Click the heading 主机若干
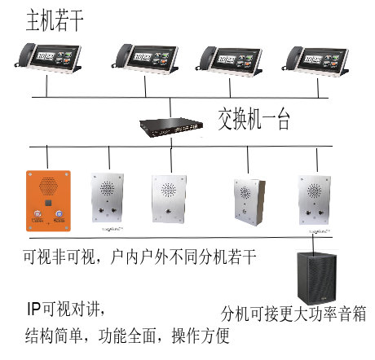point(55,20)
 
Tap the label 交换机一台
point(254,119)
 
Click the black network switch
point(171,127)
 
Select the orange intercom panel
point(48,201)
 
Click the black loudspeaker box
point(316,278)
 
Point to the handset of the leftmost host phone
point(25,55)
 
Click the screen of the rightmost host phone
point(322,59)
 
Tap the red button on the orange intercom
point(37,213)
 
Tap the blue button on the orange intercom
point(59,213)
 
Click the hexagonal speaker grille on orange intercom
point(48,187)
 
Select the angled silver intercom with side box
point(249,202)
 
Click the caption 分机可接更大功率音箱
point(293,314)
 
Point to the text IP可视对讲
point(65,309)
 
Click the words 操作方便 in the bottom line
point(201,336)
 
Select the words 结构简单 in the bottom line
point(54,336)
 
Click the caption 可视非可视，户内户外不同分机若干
point(139,257)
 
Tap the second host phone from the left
point(145,58)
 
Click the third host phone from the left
point(229,60)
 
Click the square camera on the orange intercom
point(48,203)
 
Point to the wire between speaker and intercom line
point(313,246)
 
